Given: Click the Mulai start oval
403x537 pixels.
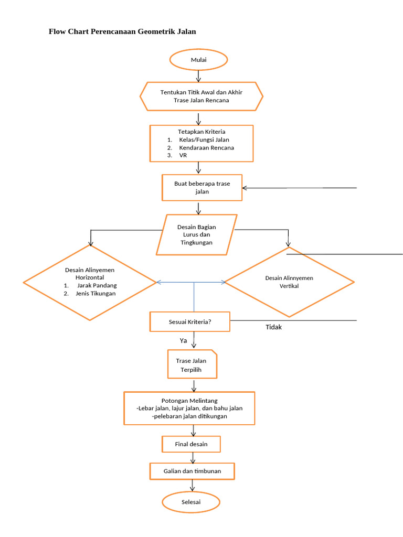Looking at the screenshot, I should click(198, 60).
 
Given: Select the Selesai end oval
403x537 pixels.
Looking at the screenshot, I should click(190, 502).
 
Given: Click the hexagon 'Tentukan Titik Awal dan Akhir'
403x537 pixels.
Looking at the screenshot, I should click(201, 96).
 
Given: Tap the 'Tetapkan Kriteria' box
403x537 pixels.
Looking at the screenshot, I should click(201, 143).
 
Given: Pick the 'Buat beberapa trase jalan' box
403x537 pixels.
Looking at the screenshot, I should click(202, 187).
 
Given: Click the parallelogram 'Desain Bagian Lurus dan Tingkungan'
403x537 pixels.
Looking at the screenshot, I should click(197, 234).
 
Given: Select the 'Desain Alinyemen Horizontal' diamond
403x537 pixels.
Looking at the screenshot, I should click(90, 282).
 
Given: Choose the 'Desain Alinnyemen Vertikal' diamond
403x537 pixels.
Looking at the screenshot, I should click(289, 282).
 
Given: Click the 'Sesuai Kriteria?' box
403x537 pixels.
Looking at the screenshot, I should click(189, 321).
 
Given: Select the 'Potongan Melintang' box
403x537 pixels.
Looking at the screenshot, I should click(189, 408).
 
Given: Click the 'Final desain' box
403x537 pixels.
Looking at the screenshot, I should click(191, 444).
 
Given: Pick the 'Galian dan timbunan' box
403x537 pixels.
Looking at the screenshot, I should click(192, 471).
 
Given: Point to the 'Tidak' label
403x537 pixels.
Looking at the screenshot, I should click(273, 327).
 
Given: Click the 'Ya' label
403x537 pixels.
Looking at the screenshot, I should click(184, 340).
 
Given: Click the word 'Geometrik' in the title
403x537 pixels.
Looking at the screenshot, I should click(157, 31).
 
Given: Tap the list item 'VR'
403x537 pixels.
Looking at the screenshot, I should click(183, 155).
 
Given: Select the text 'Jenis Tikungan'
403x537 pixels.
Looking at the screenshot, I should click(96, 293).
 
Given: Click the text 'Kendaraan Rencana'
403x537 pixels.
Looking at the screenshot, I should click(206, 147).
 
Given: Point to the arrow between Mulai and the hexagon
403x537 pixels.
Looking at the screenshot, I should click(198, 76).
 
